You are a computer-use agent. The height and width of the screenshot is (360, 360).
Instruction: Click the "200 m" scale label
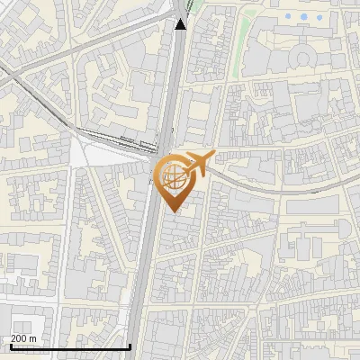pos(23,338)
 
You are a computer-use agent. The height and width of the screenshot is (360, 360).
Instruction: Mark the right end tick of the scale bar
pos(130,345)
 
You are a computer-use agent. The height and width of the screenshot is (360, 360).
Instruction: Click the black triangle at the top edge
pos(181,24)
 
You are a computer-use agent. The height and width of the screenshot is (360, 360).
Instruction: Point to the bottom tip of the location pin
pos(172,211)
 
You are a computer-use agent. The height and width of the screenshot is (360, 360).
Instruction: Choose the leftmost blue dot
pos(288,16)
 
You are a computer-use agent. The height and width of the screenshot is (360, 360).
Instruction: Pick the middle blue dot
pos(302,16)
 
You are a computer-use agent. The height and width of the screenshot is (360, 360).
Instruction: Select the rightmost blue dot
pos(317,16)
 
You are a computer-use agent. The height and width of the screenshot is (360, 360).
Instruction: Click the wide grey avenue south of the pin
pos(144,270)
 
